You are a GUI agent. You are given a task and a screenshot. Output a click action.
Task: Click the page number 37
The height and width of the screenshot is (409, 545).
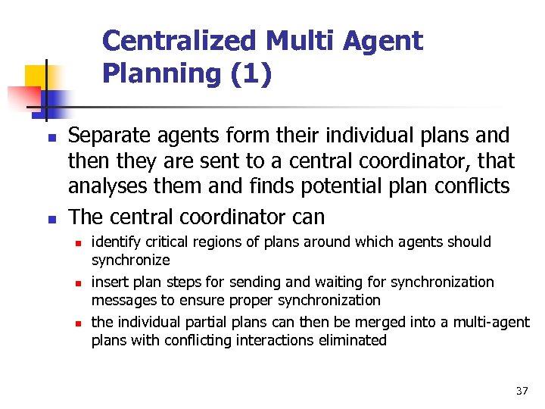(521, 391)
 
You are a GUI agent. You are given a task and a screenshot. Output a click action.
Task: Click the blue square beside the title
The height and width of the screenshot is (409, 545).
(54, 101)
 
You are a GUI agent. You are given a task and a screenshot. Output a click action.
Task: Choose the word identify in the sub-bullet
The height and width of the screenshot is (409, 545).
(114, 242)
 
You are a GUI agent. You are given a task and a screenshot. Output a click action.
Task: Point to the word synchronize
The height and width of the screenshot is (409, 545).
(130, 260)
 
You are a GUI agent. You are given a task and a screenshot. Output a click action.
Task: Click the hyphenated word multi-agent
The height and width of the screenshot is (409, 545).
(492, 323)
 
